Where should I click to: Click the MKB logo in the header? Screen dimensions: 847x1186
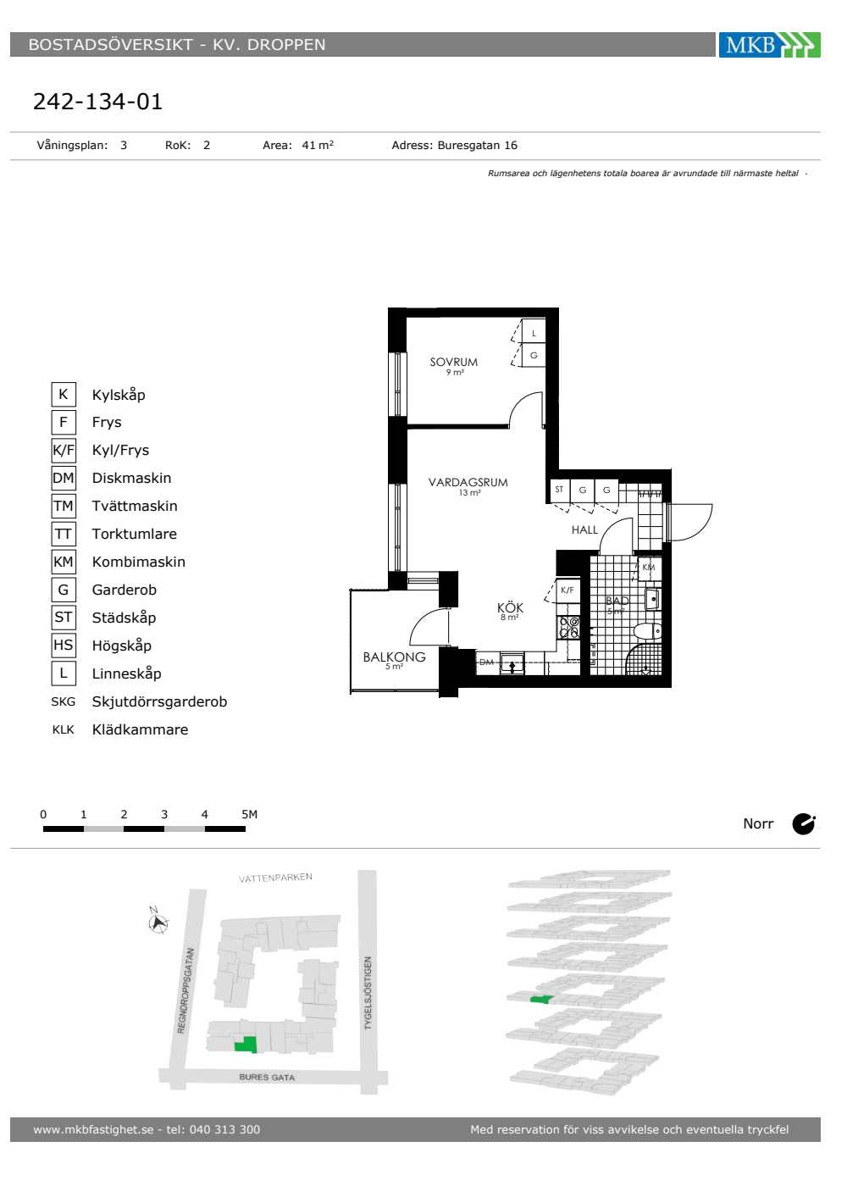769,44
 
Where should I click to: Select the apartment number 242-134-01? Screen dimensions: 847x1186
98,102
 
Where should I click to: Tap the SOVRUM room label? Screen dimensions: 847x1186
454,363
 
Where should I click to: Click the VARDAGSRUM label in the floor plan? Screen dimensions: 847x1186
468,482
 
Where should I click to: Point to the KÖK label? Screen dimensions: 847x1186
510,608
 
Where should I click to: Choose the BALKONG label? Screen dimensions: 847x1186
395,657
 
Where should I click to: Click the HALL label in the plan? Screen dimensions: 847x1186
584,530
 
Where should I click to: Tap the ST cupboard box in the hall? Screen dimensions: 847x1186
560,490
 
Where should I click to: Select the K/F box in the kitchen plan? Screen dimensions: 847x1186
567,590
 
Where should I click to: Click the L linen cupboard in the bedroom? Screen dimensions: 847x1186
534,333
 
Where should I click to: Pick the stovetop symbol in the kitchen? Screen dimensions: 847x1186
569,627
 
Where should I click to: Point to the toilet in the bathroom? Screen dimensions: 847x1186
648,631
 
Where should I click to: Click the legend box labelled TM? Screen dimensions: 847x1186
64,507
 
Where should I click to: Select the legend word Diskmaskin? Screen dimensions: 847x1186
132,478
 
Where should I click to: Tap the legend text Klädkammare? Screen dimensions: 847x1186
141,729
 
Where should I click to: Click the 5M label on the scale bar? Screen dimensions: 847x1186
249,814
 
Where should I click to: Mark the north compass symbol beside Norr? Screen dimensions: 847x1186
804,823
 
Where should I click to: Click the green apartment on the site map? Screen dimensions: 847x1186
246,1045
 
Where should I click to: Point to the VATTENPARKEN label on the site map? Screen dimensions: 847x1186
275,878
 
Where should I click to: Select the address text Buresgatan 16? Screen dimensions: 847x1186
478,146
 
